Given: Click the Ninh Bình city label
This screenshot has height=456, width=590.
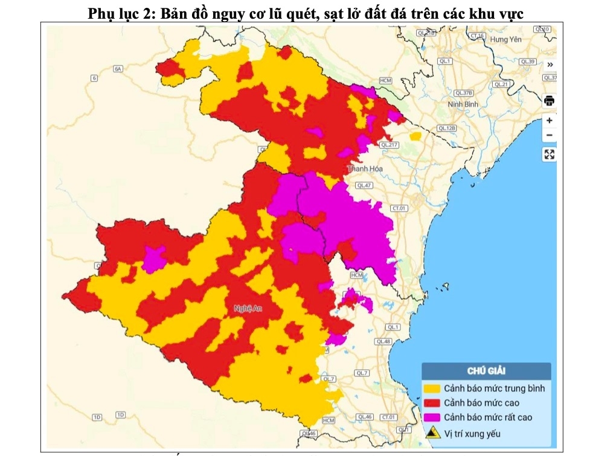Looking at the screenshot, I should click(x=463, y=104).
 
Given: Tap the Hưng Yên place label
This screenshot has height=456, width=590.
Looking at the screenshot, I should click(x=505, y=39).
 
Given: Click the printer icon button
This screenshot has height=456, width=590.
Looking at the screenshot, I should click(x=549, y=100).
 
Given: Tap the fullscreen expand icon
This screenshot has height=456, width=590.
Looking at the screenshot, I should click(x=549, y=154).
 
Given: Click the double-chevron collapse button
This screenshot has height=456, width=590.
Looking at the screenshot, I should click(x=550, y=65).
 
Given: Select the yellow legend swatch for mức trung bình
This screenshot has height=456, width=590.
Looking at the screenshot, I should click(x=432, y=388).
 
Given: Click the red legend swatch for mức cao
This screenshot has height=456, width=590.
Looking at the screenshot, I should click(x=432, y=402).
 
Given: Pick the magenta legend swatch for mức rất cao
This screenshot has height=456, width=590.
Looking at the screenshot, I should click(x=432, y=417).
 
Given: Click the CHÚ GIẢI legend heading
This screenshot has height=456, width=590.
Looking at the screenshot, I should click(x=486, y=370).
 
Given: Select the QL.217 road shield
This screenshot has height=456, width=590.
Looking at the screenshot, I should click(x=390, y=145).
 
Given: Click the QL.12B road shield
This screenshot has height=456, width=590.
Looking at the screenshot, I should click(x=447, y=128).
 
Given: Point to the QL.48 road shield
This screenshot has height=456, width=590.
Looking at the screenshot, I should click(x=383, y=341).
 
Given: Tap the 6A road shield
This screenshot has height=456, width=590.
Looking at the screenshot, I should click(x=118, y=69).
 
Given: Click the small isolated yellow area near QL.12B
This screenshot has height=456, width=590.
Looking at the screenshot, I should click(x=415, y=136).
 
